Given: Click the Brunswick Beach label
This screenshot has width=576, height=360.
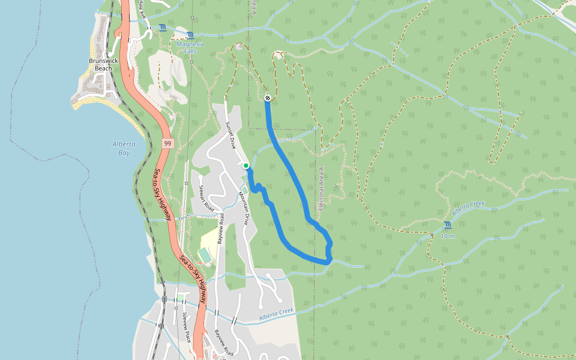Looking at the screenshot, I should pyautogui.click(x=100, y=65).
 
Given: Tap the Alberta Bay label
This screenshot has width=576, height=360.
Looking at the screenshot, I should pyautogui.click(x=124, y=148).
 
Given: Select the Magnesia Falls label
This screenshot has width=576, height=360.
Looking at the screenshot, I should pyautogui.click(x=190, y=48).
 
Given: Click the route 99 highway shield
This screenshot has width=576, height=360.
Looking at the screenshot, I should pyautogui.click(x=167, y=143).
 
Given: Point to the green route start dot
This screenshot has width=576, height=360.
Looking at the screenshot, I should pyautogui.click(x=246, y=166).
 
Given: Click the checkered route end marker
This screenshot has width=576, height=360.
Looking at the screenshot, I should pyautogui.click(x=267, y=98).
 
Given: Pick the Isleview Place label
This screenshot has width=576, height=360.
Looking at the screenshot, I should pyautogui.click(x=185, y=324).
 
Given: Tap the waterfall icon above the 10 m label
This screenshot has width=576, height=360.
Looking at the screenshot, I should pyautogui.click(x=448, y=226).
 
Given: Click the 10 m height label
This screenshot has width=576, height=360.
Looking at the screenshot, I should pyautogui.click(x=448, y=236).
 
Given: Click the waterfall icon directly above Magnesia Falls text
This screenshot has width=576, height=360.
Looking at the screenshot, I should pyautogui.click(x=190, y=35).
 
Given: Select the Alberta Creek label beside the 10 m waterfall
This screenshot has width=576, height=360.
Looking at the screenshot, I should pyautogui.click(x=469, y=209).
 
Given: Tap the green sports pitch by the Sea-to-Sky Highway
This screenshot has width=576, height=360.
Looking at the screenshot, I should pyautogui.click(x=205, y=256).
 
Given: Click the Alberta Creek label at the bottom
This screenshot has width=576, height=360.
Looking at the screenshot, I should pyautogui.click(x=277, y=314).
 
